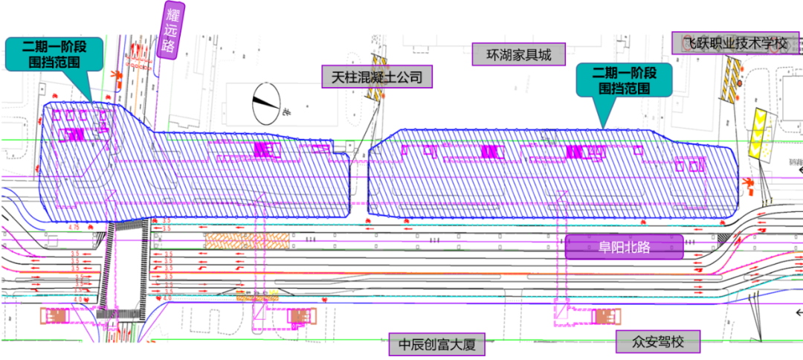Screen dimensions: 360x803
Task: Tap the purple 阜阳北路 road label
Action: point(624,247)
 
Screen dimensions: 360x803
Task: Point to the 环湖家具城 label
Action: point(519,54)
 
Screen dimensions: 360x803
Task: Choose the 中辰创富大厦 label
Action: point(436,344)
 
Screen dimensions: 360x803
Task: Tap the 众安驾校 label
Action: point(659,343)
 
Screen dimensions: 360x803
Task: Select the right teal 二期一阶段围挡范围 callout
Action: point(624,81)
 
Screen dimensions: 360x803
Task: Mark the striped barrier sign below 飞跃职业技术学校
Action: point(731,79)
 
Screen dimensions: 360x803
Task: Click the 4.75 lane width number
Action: point(74,226)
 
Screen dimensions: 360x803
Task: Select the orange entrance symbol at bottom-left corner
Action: point(57,316)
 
